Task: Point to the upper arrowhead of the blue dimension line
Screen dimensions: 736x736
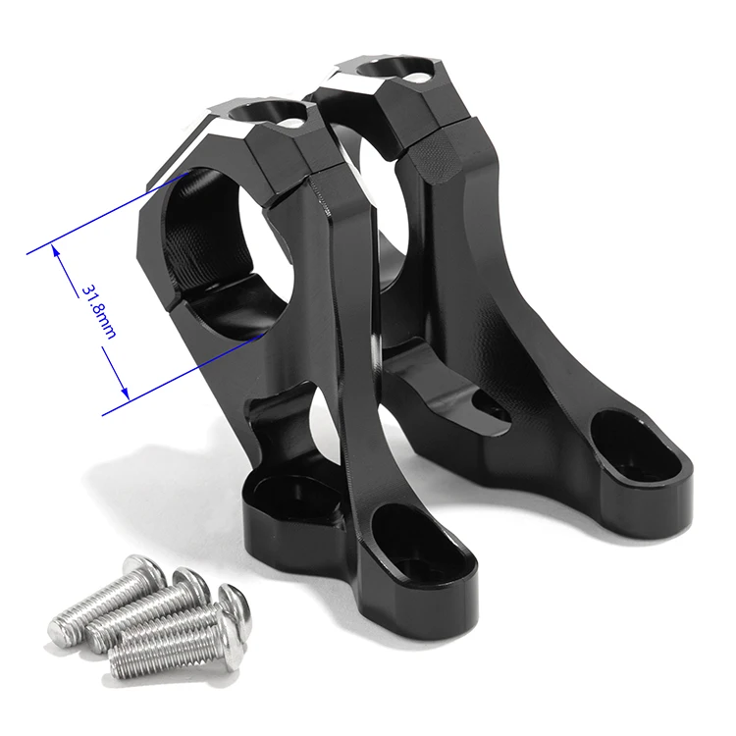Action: coord(58,252)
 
